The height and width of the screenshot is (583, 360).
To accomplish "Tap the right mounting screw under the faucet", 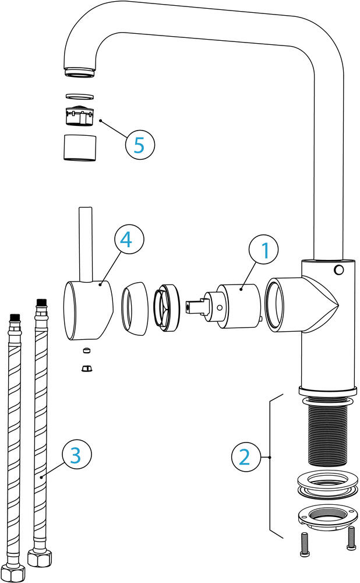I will tap(351, 537).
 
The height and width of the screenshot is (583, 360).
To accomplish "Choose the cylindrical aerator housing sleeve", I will tap(79, 147).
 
